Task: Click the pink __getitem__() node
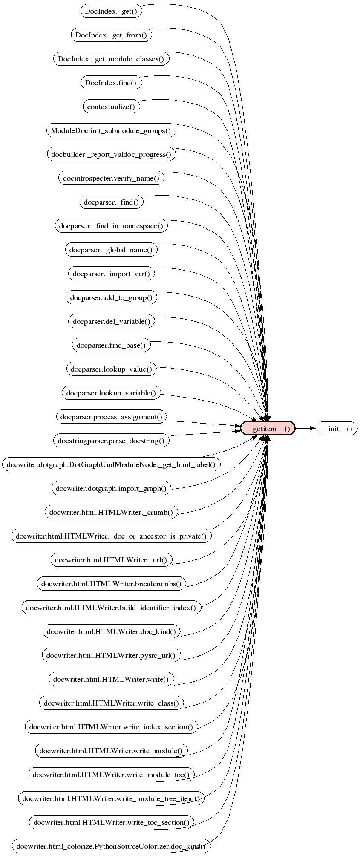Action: [268, 428]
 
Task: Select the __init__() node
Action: [337, 428]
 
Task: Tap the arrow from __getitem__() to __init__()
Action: [305, 428]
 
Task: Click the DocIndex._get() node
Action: [111, 11]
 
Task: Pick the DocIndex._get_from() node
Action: [111, 35]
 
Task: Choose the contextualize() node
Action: [111, 107]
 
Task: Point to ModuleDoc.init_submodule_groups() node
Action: [111, 130]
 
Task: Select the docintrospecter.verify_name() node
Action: [111, 178]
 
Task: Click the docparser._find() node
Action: [111, 202]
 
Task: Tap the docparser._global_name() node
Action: [111, 250]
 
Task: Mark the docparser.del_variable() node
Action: [111, 321]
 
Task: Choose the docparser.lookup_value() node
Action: [111, 369]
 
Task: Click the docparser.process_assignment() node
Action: [111, 417]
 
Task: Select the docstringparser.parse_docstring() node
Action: [111, 440]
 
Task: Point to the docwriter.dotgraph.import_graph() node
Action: [111, 488]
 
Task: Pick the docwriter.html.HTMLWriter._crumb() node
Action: [111, 512]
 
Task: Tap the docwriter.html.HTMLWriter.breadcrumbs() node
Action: [111, 584]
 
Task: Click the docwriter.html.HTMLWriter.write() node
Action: [111, 679]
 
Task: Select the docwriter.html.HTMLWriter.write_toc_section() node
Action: [111, 822]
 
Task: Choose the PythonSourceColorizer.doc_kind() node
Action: [111, 846]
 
